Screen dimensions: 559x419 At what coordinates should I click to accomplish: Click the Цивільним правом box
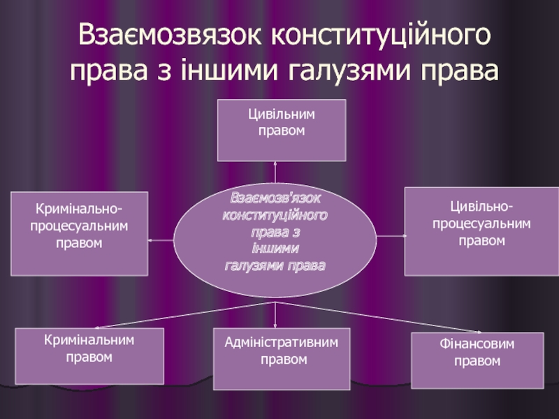coord(281,131)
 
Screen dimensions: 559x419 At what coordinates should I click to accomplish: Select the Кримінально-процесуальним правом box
coord(79,233)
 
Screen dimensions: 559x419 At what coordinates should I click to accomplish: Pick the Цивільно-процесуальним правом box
coord(481,231)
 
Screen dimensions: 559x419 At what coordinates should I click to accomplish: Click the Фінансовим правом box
coord(477,360)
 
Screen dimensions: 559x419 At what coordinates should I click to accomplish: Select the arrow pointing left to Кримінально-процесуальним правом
coord(161,240)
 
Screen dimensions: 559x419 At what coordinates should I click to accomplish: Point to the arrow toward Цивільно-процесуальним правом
coord(391,237)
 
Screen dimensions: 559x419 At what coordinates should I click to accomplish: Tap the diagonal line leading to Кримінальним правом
coord(182,315)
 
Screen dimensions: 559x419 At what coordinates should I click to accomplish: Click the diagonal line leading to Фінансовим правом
coord(377,318)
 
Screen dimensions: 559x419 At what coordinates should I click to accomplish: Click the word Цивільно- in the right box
coord(481,207)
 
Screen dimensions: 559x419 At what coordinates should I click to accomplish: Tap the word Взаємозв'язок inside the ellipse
coord(276,197)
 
